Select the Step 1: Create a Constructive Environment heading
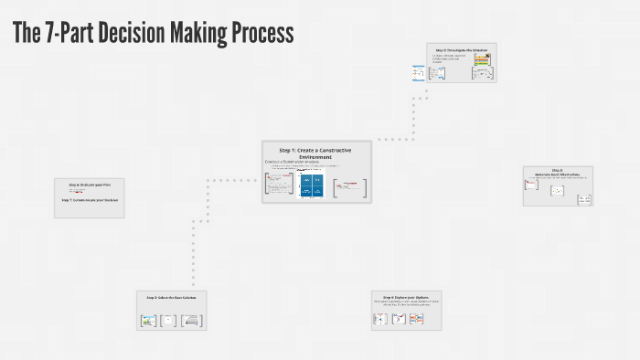316,152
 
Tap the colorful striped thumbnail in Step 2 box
481,60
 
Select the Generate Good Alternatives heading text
558,174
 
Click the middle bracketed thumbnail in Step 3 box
557,191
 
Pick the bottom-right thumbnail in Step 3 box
583,198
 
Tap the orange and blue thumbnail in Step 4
416,319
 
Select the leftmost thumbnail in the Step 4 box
380,320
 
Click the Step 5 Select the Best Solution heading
171,297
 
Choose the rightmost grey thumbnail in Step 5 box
190,321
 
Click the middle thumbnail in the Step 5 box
167,321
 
